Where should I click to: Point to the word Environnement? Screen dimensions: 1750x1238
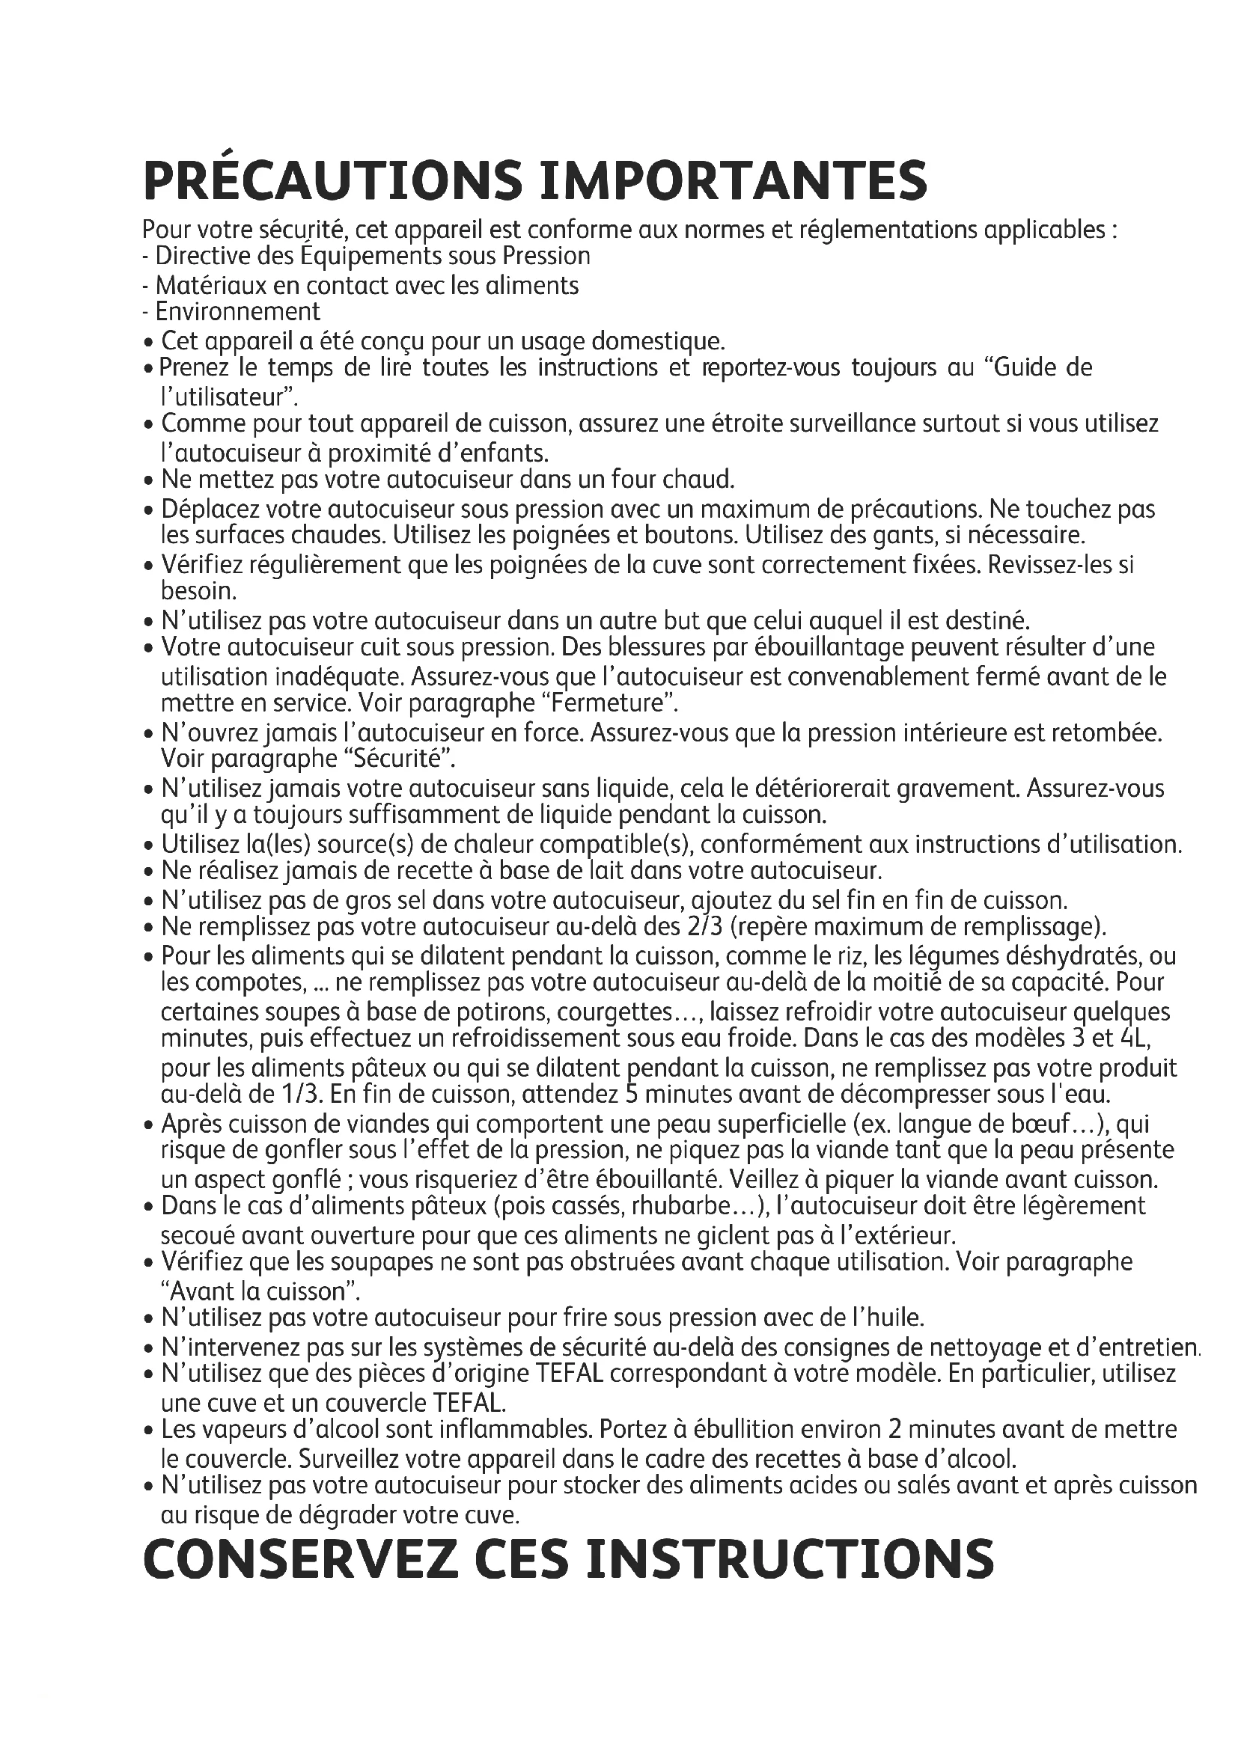[238, 312]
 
